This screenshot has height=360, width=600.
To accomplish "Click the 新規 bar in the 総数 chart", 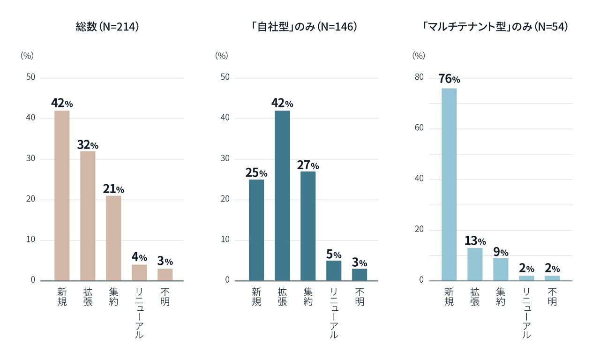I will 62,195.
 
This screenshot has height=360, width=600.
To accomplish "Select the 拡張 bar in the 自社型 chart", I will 282,195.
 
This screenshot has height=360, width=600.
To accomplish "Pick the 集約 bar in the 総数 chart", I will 113,238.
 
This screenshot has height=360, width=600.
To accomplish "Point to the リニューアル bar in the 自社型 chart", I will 334,270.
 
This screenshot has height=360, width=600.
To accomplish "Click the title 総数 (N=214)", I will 107,27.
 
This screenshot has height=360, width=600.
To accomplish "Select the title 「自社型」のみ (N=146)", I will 304,27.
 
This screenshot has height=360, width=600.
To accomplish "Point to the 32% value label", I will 88,145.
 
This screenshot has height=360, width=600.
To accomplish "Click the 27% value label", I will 308,165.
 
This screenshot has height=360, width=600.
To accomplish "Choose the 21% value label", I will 113,189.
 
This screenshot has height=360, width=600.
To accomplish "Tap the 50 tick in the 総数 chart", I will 30,77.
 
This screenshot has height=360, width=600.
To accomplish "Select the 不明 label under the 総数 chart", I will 165,296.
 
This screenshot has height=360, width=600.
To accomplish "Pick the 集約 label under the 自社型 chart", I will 308,296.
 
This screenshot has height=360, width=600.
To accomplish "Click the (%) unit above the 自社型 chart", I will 221,55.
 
